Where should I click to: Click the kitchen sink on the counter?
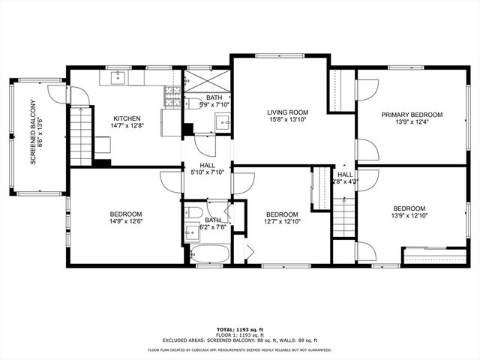(x=118, y=76)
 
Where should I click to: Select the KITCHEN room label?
(x=126, y=118)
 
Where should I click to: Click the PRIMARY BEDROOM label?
(x=411, y=115)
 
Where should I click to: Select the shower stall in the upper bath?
(x=199, y=79)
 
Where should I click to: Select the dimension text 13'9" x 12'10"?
(x=409, y=217)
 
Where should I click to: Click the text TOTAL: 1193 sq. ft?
(x=239, y=329)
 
